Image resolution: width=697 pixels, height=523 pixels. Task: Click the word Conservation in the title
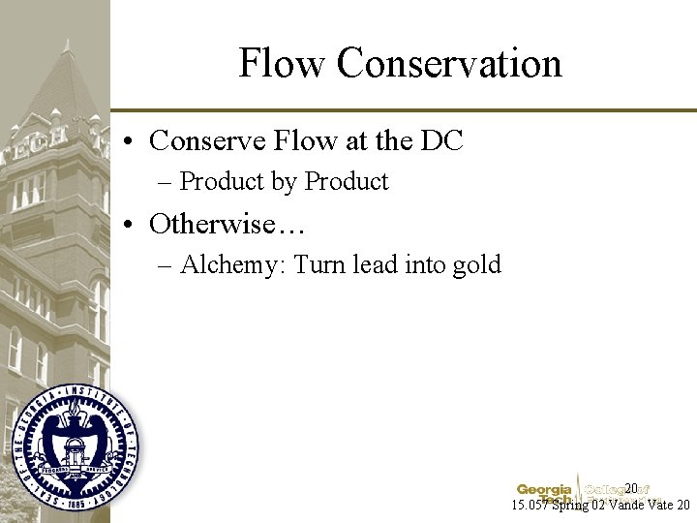449,64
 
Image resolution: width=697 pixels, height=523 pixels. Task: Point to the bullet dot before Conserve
130,142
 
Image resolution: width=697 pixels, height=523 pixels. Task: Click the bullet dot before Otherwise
130,226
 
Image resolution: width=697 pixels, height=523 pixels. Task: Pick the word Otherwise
227,225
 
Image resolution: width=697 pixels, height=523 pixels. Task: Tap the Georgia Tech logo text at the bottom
544,491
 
